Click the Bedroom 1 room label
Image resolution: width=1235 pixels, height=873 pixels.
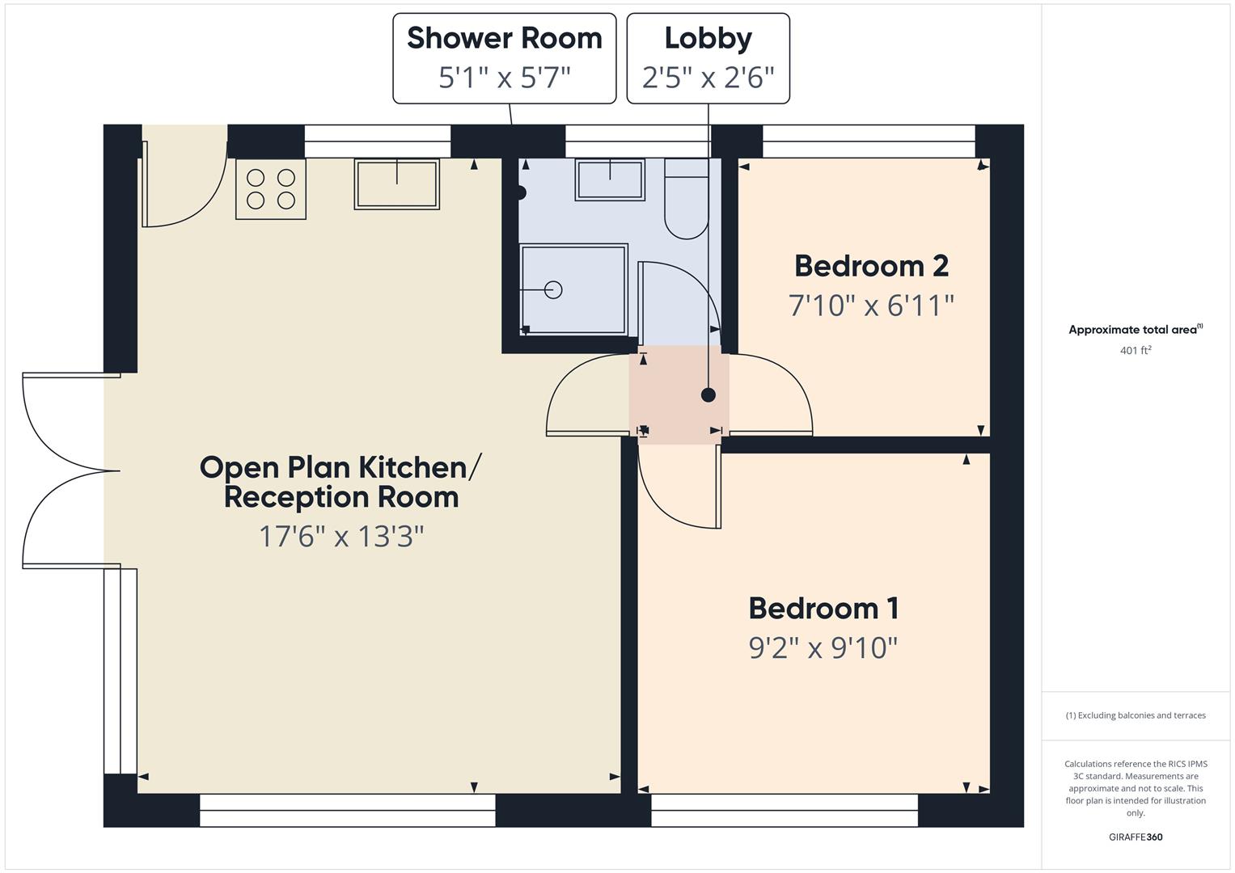pyautogui.click(x=823, y=609)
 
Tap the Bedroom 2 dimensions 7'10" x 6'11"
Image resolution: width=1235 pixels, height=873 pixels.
pyautogui.click(x=871, y=306)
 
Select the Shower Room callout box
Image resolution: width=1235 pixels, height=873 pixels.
pyautogui.click(x=504, y=58)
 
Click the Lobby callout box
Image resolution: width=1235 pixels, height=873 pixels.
pyautogui.click(x=708, y=58)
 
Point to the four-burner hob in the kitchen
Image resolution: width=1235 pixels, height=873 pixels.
pyautogui.click(x=271, y=189)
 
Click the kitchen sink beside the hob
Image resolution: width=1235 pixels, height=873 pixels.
pyautogui.click(x=396, y=184)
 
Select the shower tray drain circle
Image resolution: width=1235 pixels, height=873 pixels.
pyautogui.click(x=553, y=289)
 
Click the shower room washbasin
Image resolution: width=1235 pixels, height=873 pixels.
pyautogui.click(x=610, y=179)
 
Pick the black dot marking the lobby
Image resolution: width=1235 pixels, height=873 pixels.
pyautogui.click(x=708, y=395)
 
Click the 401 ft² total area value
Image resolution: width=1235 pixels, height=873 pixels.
pyautogui.click(x=1136, y=351)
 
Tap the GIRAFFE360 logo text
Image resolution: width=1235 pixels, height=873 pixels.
pyautogui.click(x=1136, y=837)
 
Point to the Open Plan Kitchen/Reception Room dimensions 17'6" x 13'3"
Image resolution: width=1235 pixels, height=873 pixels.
pyautogui.click(x=341, y=536)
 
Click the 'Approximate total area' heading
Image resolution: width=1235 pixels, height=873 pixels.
pyautogui.click(x=1136, y=330)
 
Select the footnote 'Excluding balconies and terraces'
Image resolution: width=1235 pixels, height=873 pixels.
pyautogui.click(x=1136, y=715)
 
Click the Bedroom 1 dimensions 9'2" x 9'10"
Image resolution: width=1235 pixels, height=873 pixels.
pyautogui.click(x=823, y=647)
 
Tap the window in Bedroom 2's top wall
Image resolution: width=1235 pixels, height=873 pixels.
pyautogui.click(x=869, y=141)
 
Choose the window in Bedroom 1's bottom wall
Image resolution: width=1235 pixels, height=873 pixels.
pyautogui.click(x=785, y=810)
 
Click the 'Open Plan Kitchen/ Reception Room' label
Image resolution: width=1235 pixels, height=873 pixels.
pyautogui.click(x=341, y=482)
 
